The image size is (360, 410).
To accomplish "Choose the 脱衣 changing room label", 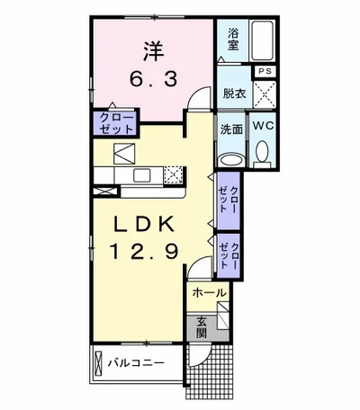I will coord(233,91).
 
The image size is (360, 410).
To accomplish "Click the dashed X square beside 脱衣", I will coord(265,93).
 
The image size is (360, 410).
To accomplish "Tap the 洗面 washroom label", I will coord(231,129).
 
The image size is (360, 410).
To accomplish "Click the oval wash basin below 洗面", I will coord(230,159).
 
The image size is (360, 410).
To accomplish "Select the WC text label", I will coord(264,127).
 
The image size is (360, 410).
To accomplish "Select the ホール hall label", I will coord(208,293).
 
